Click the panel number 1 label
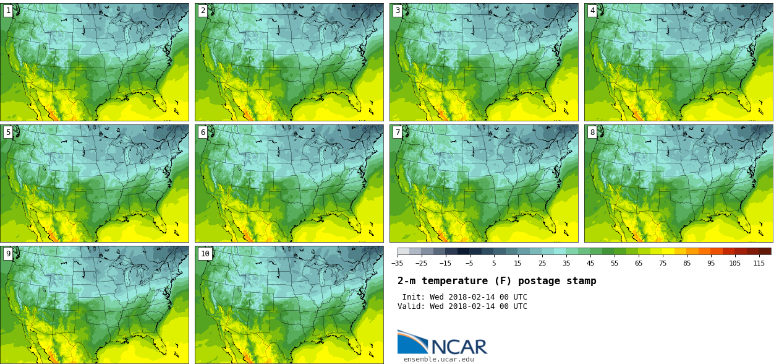click(x=7, y=11)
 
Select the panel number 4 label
click(x=592, y=11)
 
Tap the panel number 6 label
click(x=202, y=132)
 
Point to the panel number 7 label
click(x=397, y=132)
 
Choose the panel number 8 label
click(x=592, y=132)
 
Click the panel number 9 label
click(x=7, y=253)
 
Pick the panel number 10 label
click(x=205, y=253)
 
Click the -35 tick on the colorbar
click(x=398, y=262)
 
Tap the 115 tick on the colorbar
click(x=759, y=262)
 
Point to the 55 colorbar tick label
click(x=615, y=262)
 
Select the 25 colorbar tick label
click(x=542, y=262)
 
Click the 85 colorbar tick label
click(x=687, y=262)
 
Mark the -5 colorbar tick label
click(x=469, y=262)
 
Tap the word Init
click(x=413, y=297)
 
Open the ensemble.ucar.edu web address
click(x=438, y=359)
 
